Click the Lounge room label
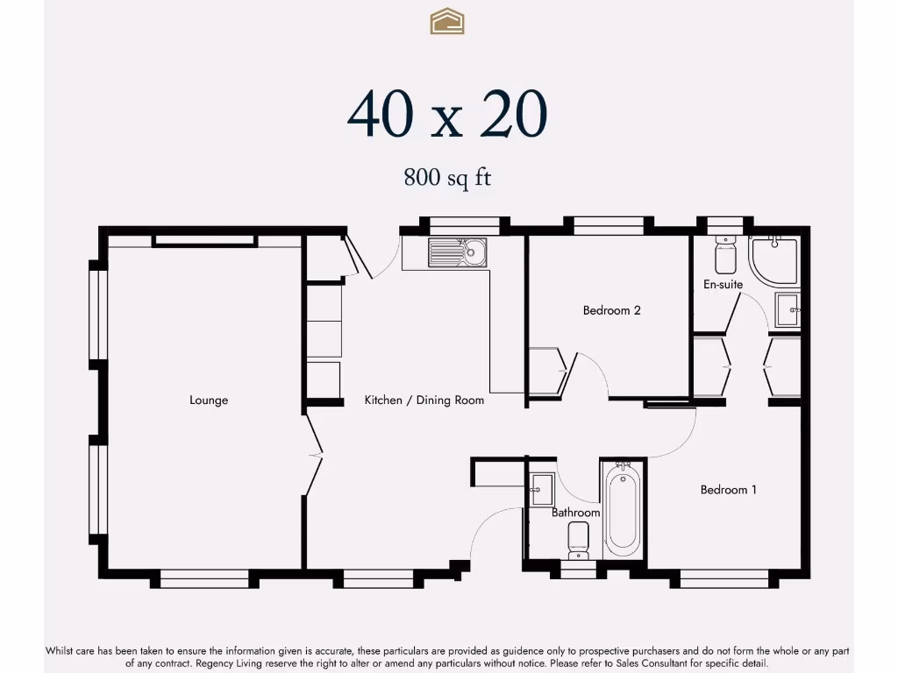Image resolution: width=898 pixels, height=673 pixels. [209, 400]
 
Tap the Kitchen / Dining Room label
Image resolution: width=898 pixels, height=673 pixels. [424, 400]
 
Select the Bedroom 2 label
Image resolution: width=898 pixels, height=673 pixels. [611, 310]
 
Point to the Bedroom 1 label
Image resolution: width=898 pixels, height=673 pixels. [729, 490]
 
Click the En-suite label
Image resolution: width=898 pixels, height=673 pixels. [723, 285]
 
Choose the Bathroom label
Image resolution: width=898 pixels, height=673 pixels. [575, 513]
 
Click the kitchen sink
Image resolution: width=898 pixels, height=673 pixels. [458, 252]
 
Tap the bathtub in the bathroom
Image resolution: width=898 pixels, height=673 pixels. [622, 509]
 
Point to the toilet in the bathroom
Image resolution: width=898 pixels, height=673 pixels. [579, 540]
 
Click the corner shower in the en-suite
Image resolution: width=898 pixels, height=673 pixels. [773, 260]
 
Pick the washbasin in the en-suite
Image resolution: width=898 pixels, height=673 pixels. [788, 309]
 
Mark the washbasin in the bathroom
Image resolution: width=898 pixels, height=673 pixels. [541, 490]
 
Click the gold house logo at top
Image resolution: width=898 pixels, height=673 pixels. [447, 21]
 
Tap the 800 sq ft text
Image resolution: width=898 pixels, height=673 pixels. [447, 177]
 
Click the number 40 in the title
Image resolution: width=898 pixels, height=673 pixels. [381, 115]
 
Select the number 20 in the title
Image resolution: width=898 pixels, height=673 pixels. [514, 115]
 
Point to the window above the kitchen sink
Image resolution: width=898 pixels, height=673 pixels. [465, 225]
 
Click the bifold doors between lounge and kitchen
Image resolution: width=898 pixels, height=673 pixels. [314, 455]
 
